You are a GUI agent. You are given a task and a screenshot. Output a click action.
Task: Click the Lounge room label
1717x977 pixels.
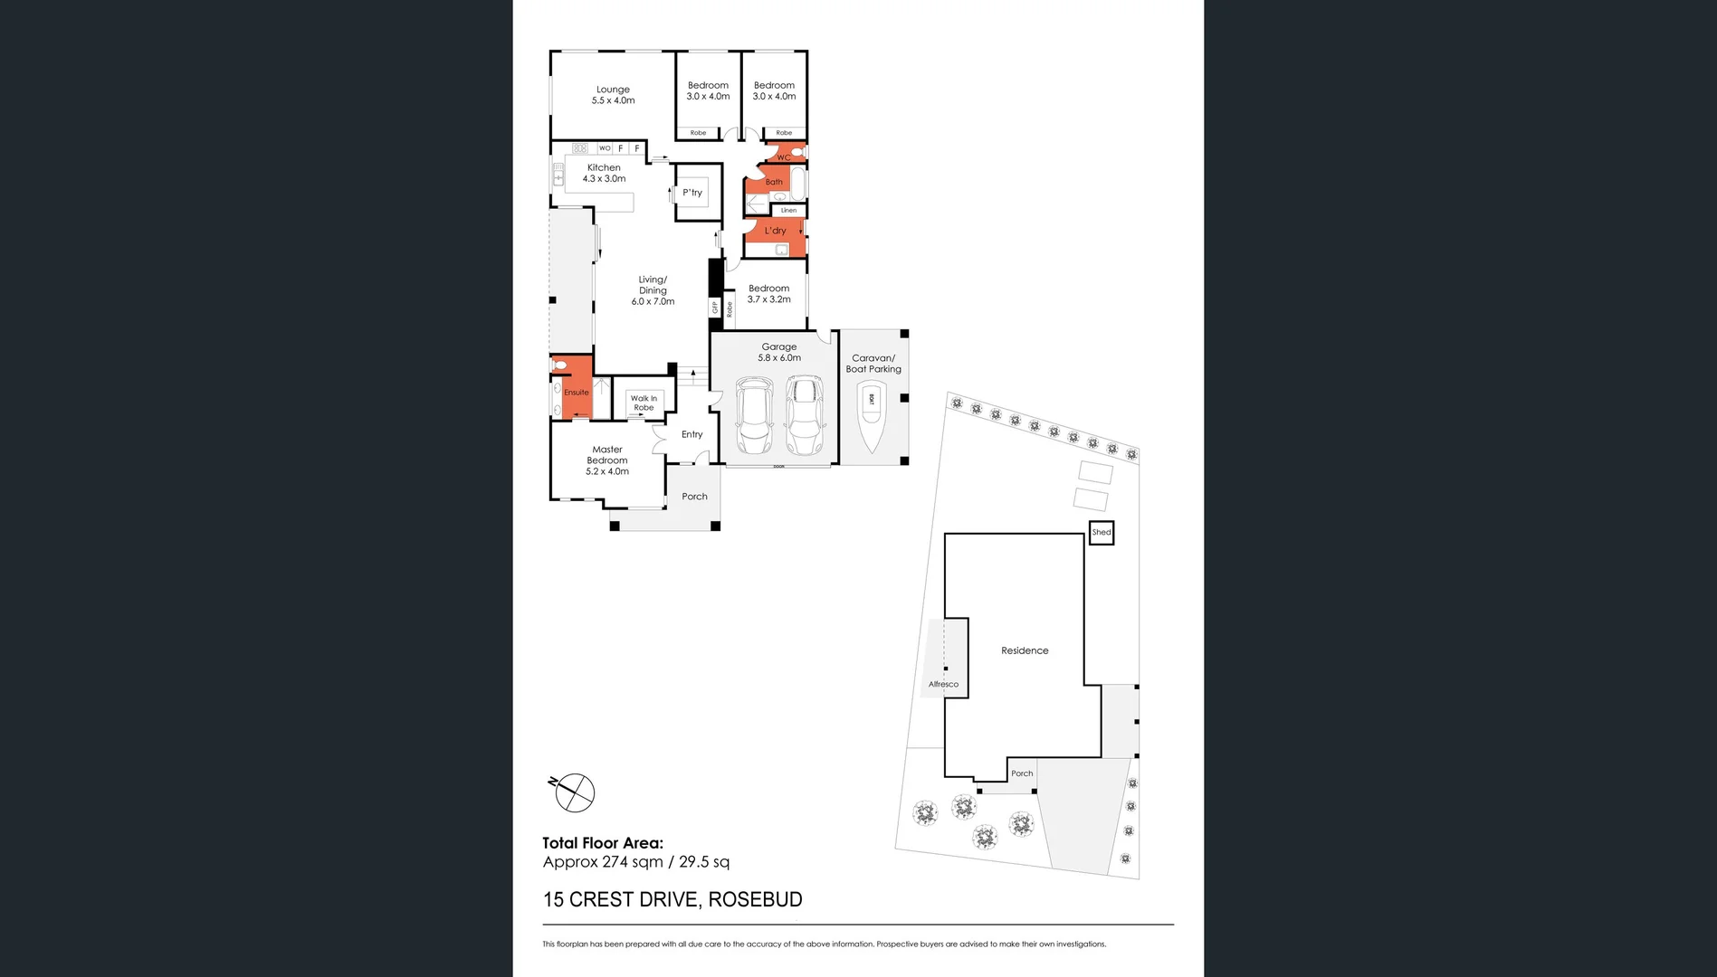(613, 95)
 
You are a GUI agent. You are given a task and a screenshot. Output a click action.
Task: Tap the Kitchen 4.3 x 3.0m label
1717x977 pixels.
(604, 173)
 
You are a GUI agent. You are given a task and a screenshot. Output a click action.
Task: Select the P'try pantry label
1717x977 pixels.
(692, 193)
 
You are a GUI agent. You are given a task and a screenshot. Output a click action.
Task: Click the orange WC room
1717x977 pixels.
(784, 155)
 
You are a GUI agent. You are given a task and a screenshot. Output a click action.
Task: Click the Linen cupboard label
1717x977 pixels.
(788, 211)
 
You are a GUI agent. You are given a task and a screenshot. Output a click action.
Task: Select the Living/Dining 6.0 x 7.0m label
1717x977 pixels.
(653, 290)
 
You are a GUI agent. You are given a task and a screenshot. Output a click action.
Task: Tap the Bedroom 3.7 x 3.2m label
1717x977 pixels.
(768, 294)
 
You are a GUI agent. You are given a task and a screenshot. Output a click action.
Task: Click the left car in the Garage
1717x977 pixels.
(754, 416)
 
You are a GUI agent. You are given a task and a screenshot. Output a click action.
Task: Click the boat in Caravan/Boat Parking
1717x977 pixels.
(872, 415)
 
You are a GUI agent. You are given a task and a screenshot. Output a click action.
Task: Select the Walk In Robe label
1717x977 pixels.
(644, 403)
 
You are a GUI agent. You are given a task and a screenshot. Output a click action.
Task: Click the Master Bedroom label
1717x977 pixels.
(606, 460)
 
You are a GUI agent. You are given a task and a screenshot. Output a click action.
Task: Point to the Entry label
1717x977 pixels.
(692, 434)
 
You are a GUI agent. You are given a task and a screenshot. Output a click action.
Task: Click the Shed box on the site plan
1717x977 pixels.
(1101, 532)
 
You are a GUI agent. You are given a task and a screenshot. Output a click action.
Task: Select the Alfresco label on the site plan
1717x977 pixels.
(943, 684)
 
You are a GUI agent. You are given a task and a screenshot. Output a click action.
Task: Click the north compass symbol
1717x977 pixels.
(573, 792)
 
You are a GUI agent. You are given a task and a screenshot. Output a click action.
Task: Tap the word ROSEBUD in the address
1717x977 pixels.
(755, 899)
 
